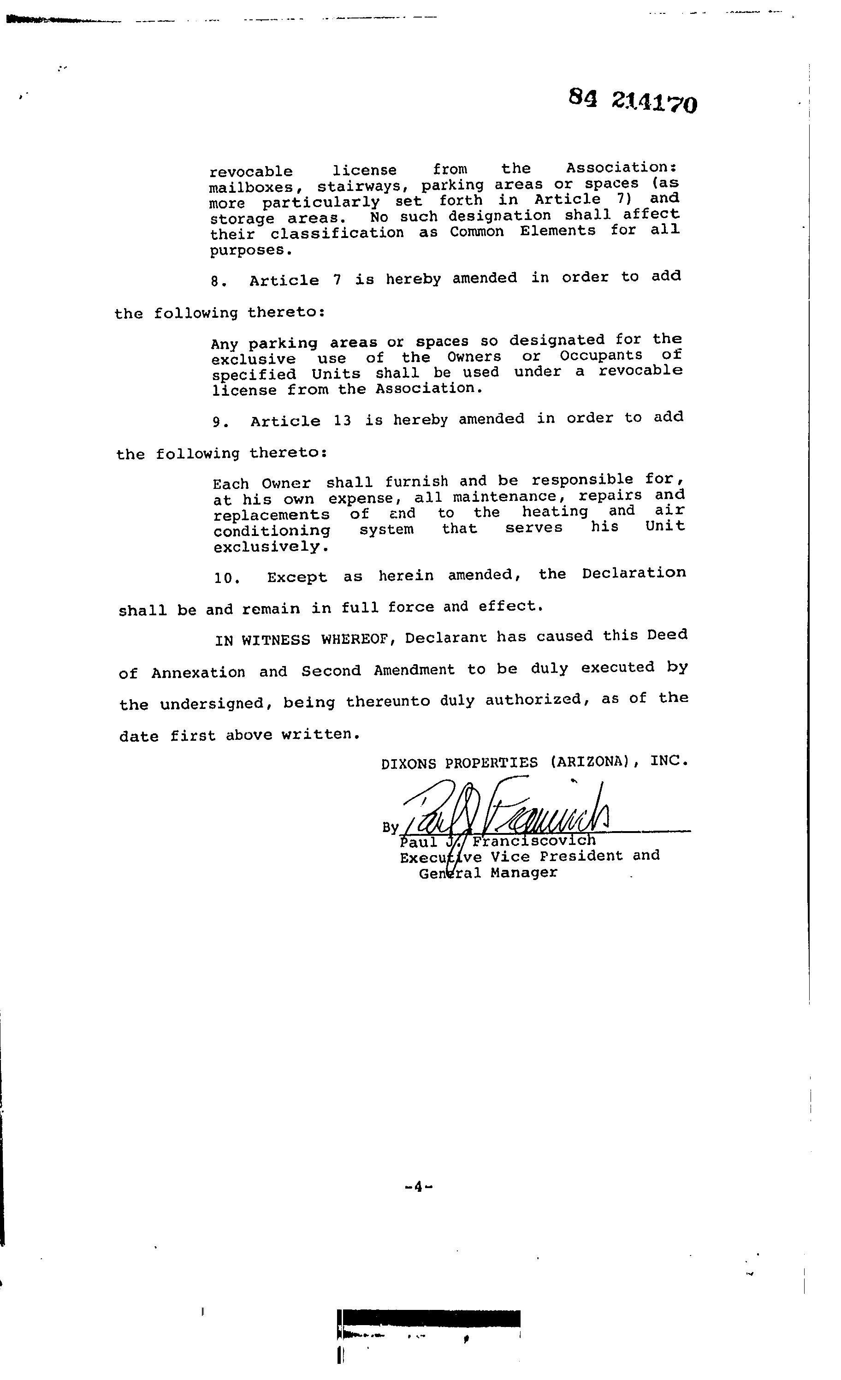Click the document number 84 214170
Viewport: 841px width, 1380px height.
pos(633,101)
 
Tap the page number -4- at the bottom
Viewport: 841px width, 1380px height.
pos(418,1186)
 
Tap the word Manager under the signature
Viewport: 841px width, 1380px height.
pos(523,873)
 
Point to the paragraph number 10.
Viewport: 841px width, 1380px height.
pos(227,578)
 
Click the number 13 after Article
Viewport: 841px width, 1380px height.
pos(342,421)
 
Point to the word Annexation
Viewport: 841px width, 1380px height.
pos(198,672)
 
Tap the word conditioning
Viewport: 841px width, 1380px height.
pos(272,530)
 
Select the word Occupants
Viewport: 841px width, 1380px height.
pos(600,356)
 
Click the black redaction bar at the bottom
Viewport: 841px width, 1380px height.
pos(429,1318)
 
